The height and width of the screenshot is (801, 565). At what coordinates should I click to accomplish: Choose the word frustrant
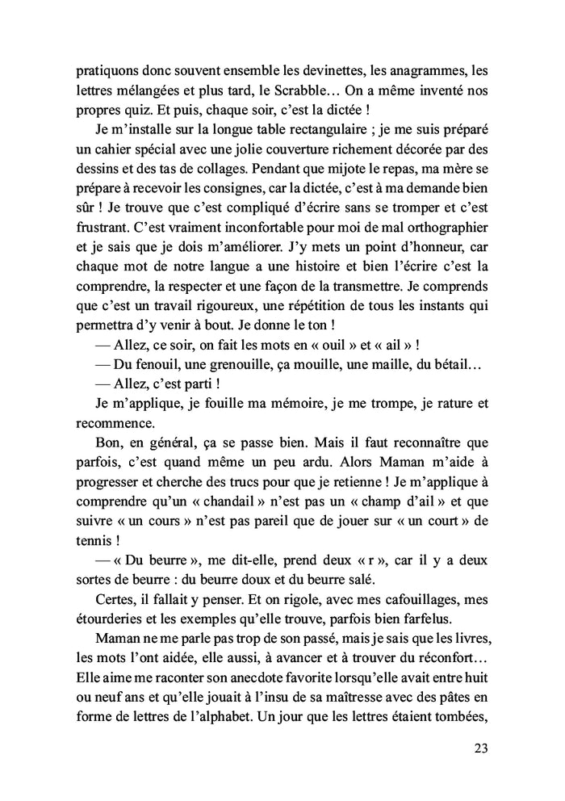(103, 231)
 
